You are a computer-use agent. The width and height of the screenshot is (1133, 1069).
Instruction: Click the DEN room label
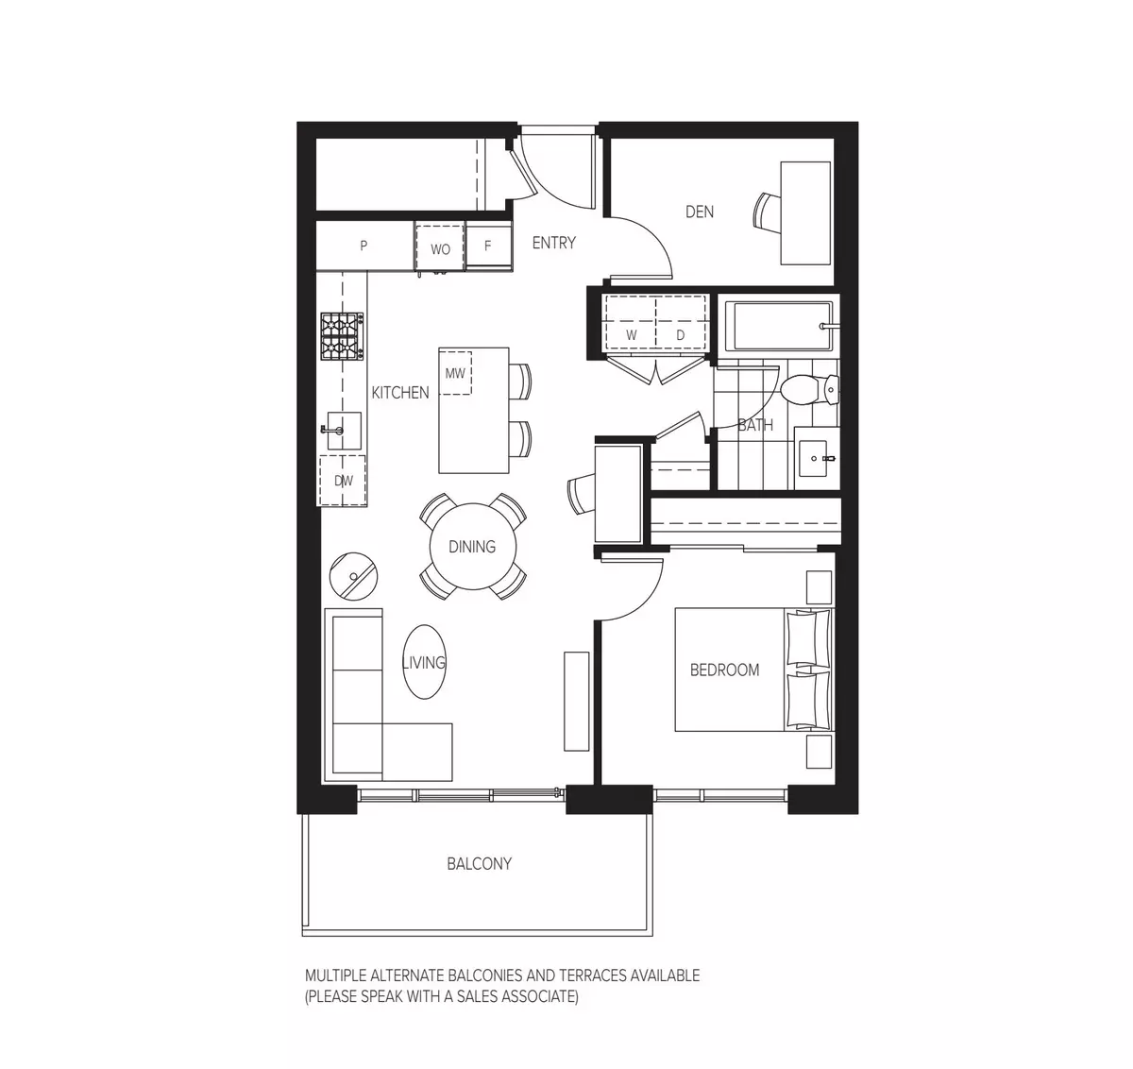click(x=700, y=212)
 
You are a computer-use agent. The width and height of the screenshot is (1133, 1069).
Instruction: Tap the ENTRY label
click(x=553, y=243)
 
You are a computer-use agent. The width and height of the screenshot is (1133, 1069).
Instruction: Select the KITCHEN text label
click(x=400, y=392)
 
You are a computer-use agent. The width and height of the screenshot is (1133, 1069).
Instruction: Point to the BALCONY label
click(x=480, y=863)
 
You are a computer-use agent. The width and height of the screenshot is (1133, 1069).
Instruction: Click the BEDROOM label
click(x=724, y=670)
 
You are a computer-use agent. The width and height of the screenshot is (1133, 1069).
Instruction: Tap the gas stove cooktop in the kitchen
click(x=342, y=336)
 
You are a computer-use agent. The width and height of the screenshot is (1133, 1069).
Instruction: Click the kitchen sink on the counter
click(x=344, y=431)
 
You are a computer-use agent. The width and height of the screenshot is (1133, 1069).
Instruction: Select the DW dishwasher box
click(x=343, y=481)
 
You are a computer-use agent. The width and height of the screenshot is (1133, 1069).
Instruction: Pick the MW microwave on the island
click(x=456, y=373)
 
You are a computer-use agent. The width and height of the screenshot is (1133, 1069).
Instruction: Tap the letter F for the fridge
click(x=488, y=246)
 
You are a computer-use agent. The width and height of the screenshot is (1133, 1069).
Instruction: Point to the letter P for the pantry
click(x=364, y=246)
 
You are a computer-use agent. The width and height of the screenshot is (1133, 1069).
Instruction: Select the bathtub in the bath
click(x=776, y=327)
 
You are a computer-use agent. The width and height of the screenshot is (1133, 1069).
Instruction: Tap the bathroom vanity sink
click(x=815, y=461)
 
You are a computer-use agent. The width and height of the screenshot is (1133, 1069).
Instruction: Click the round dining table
click(x=471, y=547)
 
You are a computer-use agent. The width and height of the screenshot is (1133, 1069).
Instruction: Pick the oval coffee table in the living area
click(x=424, y=663)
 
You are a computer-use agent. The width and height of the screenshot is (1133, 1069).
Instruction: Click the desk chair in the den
click(x=768, y=211)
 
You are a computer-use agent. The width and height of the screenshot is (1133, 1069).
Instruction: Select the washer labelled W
click(x=631, y=335)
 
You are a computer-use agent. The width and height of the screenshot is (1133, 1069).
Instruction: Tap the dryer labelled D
click(x=681, y=335)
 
